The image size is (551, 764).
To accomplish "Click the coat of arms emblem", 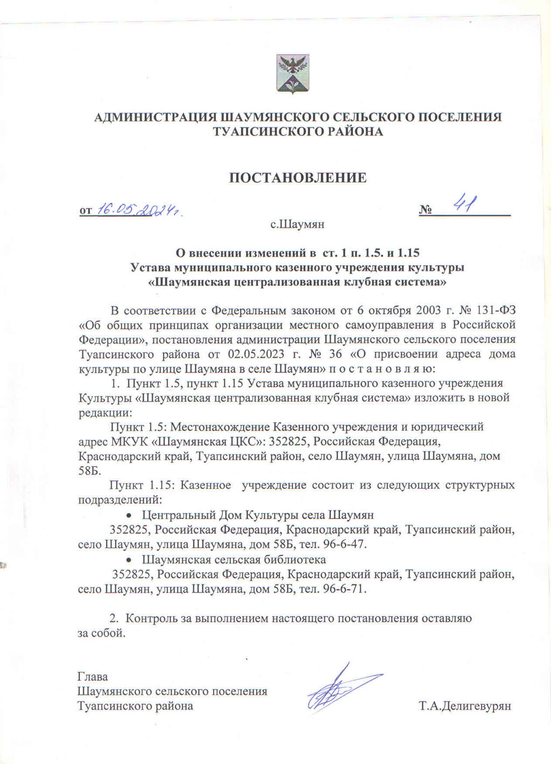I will [x=293, y=74].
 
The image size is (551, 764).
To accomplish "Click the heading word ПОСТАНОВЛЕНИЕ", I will [x=298, y=178].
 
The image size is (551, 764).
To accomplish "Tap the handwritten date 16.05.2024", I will [x=138, y=210].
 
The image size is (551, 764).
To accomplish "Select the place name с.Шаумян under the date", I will [x=297, y=224].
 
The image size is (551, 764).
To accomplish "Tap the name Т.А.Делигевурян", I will [x=465, y=706].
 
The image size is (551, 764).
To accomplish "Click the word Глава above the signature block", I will [x=93, y=677].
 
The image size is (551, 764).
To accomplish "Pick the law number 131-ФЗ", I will [x=496, y=310].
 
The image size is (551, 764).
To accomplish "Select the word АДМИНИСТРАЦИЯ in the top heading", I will [x=155, y=117].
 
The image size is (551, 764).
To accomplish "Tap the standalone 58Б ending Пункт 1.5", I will [x=89, y=470].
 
